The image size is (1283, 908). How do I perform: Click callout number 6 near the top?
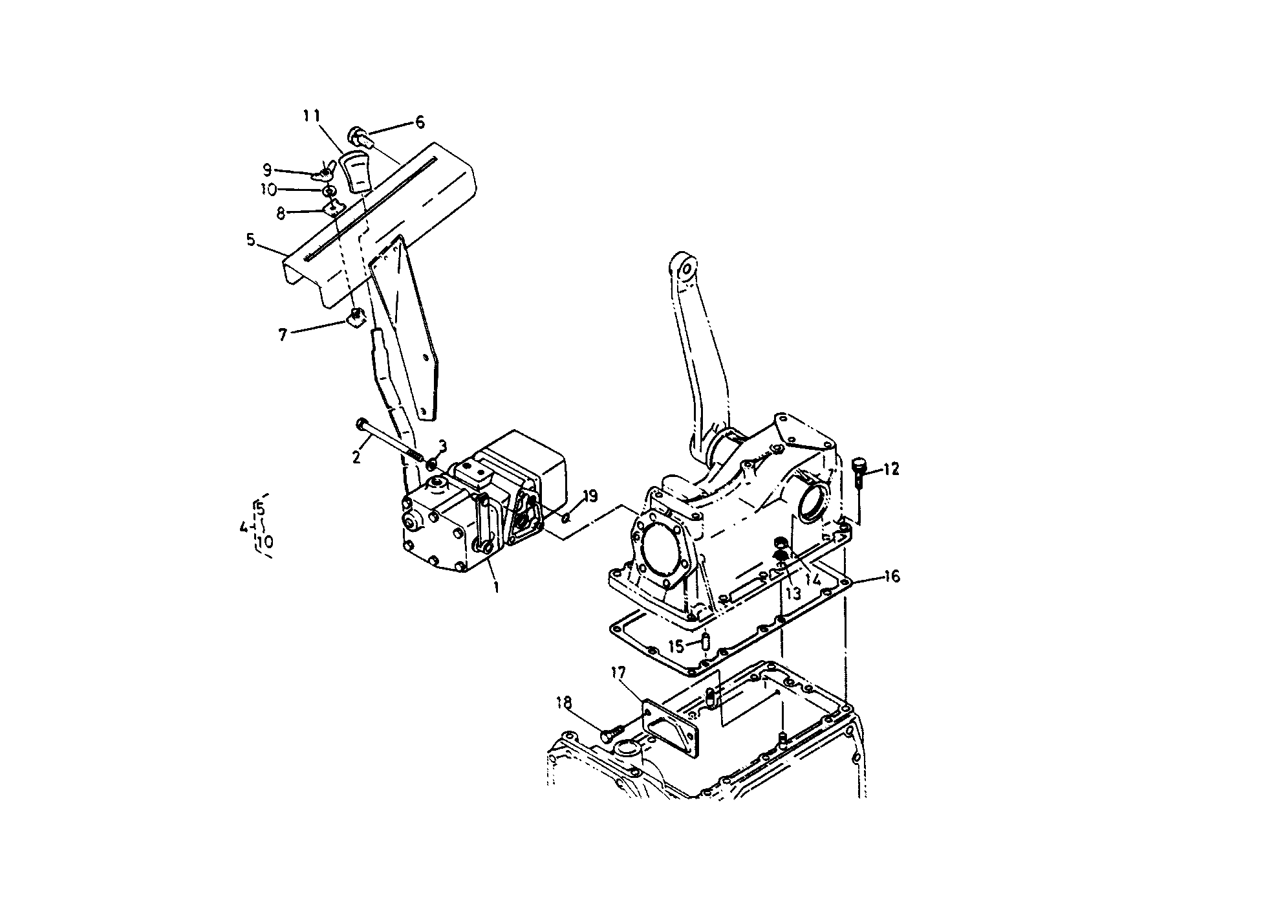420,122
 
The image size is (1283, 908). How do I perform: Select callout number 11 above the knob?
312,116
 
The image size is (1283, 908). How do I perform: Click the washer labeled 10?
329,192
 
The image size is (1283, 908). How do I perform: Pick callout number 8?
281,214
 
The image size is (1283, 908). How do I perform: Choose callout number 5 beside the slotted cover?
251,241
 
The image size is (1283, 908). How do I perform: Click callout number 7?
283,335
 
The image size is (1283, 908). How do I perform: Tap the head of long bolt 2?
360,424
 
